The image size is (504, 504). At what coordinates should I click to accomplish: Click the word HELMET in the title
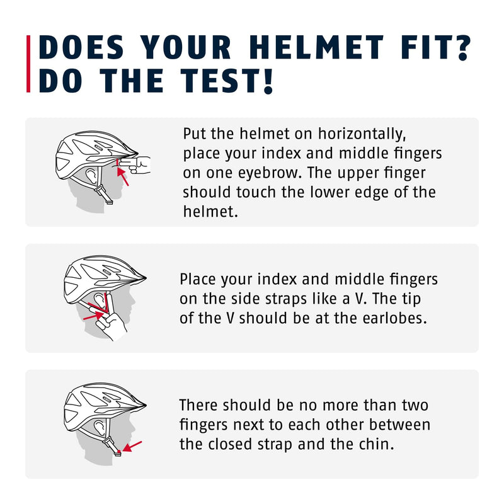(316, 48)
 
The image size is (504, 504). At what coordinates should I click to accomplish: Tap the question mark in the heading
(462, 48)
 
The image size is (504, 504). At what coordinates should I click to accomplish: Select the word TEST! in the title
(227, 81)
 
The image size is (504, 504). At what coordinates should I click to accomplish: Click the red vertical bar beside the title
(28, 64)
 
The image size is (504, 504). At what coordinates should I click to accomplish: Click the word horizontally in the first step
(362, 134)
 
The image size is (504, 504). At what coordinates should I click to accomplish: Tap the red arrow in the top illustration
(123, 176)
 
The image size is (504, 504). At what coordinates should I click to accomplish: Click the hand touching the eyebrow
(135, 164)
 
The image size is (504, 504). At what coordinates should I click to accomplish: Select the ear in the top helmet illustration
(91, 176)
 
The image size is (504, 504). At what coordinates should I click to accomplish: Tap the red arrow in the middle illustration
(91, 316)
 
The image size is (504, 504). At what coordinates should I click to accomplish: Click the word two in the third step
(415, 405)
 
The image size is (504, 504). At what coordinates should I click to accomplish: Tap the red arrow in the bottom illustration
(132, 447)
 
